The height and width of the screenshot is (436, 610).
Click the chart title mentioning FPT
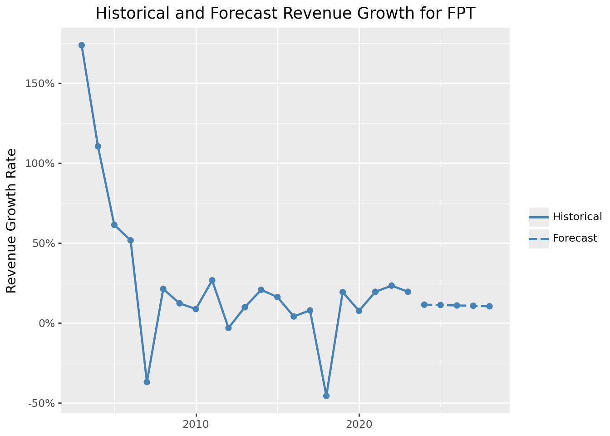pos(285,14)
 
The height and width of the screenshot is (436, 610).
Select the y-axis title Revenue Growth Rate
pos(12,221)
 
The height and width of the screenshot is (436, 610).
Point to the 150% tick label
pos(42,84)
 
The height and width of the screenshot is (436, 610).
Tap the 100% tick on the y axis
pos(42,163)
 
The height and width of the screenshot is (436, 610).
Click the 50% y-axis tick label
pos(44,243)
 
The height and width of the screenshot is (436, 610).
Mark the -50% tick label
pos(43,403)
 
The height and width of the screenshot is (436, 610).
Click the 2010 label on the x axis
pos(196,425)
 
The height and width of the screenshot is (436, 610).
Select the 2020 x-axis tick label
pos(359,425)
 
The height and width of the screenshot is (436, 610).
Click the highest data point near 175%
pos(82,45)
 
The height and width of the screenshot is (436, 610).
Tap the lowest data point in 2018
pos(326,396)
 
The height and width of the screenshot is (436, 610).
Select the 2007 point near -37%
pos(147,382)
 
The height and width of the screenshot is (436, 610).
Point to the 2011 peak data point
pos(212,280)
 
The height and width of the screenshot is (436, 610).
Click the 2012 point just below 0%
pos(228,328)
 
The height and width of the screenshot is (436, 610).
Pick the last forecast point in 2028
pos(489,306)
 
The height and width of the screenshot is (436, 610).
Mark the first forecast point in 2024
pos(424,304)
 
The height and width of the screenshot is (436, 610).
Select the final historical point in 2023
pos(408,292)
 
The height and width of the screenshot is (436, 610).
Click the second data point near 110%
pos(98,146)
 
